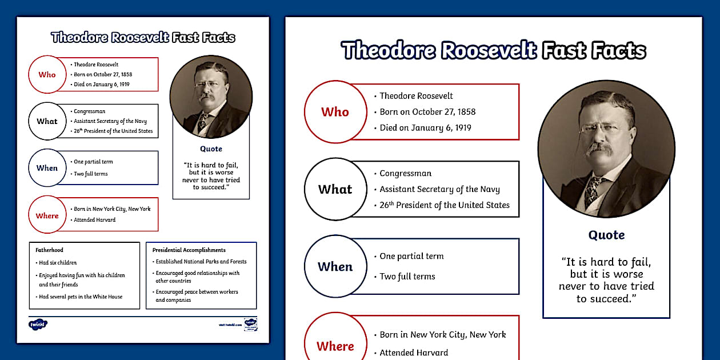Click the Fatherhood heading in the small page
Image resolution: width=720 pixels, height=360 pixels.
click(49, 250)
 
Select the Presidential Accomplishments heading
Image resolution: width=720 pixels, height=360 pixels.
click(189, 250)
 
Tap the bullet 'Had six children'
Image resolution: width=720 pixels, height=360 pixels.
click(58, 263)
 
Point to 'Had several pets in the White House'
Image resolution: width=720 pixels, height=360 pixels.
click(81, 297)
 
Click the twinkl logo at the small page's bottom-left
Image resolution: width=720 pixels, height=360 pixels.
click(38, 324)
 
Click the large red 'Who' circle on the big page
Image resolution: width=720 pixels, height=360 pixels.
click(335, 112)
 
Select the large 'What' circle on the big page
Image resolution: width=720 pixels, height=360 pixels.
click(335, 189)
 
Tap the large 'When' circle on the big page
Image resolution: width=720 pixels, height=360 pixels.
click(335, 266)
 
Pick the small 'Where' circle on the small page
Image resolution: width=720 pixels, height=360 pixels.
click(47, 215)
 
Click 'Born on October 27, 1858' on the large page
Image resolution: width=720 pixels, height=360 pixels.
click(427, 112)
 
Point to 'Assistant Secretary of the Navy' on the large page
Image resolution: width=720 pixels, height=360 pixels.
click(439, 189)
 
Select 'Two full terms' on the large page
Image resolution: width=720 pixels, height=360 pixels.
click(407, 277)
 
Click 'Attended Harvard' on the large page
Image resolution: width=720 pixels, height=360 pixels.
click(414, 353)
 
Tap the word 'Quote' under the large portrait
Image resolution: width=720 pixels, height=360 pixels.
click(606, 235)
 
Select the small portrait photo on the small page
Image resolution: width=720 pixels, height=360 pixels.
click(211, 97)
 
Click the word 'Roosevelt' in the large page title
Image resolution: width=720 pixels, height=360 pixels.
click(489, 51)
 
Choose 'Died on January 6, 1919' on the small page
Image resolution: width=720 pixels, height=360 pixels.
click(101, 84)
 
